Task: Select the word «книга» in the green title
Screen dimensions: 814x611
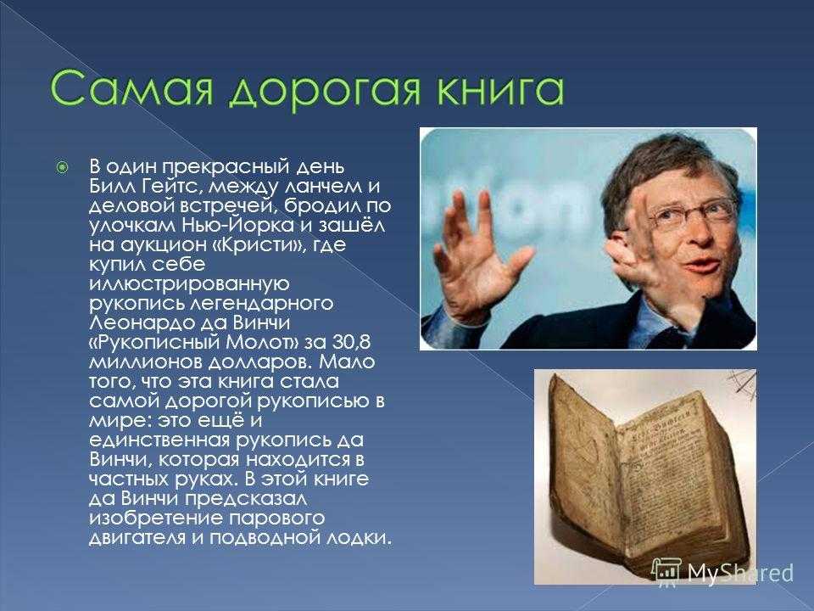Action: pos(500,88)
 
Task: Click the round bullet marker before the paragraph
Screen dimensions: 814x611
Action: pos(62,167)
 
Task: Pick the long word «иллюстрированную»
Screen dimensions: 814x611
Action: pos(189,283)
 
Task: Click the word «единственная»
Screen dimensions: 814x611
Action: pos(159,440)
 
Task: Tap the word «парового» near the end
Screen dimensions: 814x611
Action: pos(276,519)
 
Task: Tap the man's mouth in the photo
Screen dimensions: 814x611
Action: pos(701,266)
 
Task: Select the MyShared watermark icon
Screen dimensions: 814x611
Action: pos(666,570)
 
